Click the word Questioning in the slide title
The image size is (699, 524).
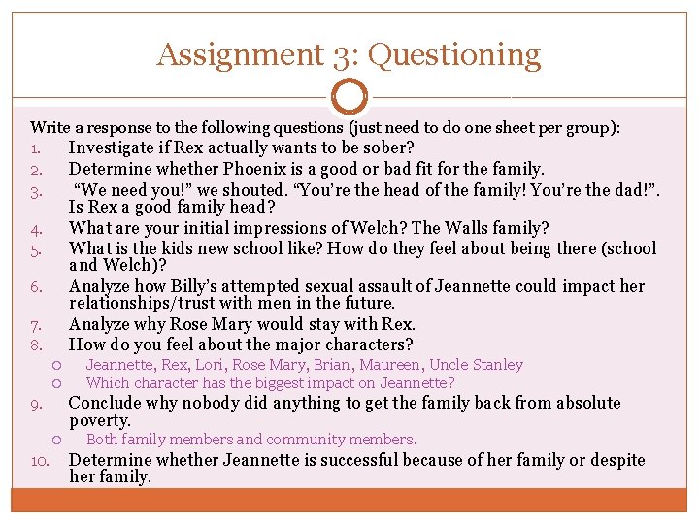[x=454, y=55]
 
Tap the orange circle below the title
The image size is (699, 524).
[x=349, y=97]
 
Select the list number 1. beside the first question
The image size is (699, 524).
[x=35, y=149]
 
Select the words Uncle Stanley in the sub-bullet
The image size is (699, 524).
[x=477, y=365]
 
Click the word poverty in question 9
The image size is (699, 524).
[x=100, y=420]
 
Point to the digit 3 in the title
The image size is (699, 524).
[x=336, y=55]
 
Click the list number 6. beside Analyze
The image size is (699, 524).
[x=35, y=287]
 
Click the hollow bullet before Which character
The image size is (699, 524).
[x=57, y=382]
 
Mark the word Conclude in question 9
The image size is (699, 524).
[x=106, y=402]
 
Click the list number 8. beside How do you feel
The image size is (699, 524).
[x=35, y=345]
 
